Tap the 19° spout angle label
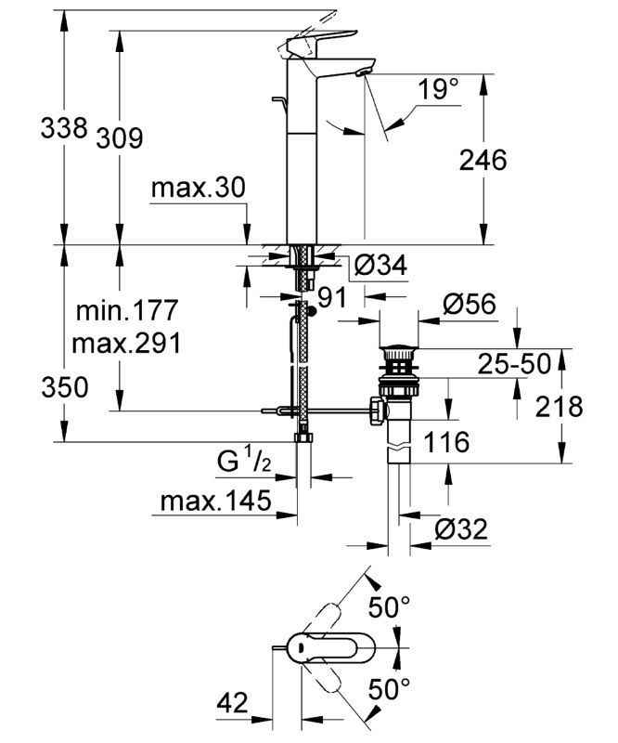(x=437, y=91)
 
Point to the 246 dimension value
(x=484, y=161)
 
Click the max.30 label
(x=198, y=189)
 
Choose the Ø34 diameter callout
(x=379, y=267)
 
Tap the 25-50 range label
(x=512, y=363)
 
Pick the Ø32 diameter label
(x=461, y=528)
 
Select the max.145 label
(x=215, y=502)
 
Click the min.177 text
(x=126, y=309)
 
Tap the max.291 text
(x=126, y=342)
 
